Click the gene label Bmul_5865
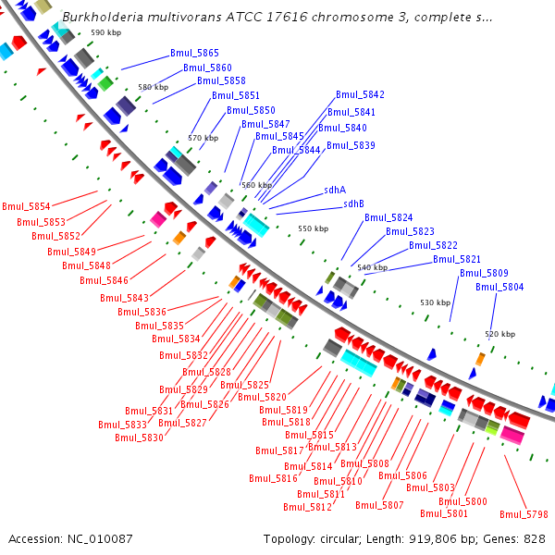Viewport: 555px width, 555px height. coord(194,55)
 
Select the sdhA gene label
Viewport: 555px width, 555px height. coord(335,190)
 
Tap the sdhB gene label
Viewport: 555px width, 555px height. coord(353,203)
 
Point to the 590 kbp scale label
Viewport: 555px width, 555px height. coord(105,33)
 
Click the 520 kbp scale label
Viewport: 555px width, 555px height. coord(499,334)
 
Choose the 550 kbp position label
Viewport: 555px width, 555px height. coord(313,228)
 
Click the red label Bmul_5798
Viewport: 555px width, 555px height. coord(524,514)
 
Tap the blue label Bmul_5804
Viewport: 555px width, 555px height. coord(499,287)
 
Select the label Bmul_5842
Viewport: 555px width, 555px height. coord(360,94)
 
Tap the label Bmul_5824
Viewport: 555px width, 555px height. coord(388,217)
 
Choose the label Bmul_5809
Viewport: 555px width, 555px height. coord(484,273)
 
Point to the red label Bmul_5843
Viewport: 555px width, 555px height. coord(124,298)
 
